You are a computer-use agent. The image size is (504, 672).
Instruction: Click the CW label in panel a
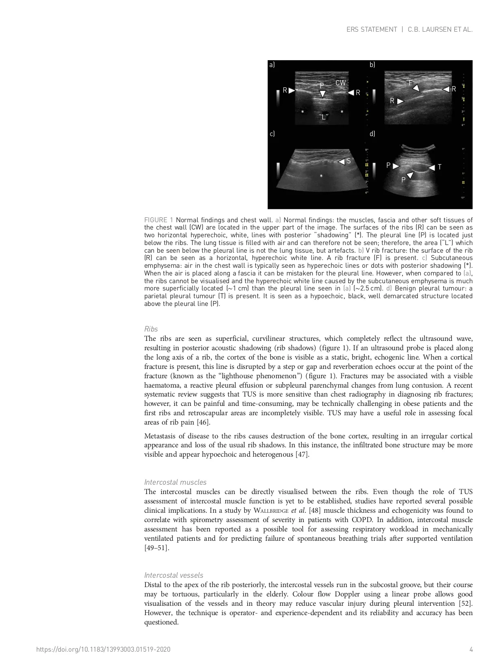[340, 83]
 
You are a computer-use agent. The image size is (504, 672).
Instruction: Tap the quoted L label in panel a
[324, 117]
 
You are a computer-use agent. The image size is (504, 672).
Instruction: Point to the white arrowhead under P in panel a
[322, 94]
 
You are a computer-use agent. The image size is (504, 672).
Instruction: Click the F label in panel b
[411, 83]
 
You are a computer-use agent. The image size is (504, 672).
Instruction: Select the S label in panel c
[348, 161]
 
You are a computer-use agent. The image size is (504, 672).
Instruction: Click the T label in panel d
[439, 167]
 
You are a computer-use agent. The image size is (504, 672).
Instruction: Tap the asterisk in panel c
[321, 176]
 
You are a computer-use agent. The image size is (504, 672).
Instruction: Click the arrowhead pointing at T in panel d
[431, 167]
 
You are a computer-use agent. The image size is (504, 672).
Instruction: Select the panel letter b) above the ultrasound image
[372, 65]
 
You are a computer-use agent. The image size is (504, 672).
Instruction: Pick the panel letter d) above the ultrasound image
[372, 134]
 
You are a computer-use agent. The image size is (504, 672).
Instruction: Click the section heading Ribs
[151, 329]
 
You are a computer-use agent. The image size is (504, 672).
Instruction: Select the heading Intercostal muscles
[175, 482]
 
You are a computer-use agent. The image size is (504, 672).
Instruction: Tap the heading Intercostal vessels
[174, 575]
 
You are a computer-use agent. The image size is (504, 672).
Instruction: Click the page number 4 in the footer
[471, 650]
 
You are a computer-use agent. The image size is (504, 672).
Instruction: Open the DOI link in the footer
[104, 650]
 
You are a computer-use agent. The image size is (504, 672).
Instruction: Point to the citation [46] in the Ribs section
[203, 423]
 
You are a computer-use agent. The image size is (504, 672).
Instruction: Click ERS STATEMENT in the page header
[372, 30]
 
